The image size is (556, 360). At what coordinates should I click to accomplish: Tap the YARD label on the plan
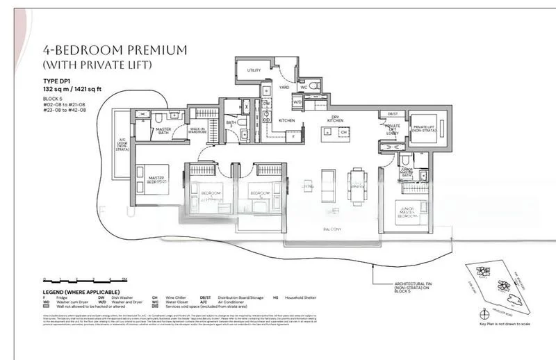pos(284,88)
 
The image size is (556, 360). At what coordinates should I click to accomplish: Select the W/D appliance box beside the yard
pos(297,102)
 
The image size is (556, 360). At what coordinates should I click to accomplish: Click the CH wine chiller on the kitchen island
pos(343,131)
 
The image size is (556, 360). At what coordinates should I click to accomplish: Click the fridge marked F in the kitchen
pos(294,136)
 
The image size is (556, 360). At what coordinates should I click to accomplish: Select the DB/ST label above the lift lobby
pos(392,113)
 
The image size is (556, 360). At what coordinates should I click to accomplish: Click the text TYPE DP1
pos(57,81)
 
